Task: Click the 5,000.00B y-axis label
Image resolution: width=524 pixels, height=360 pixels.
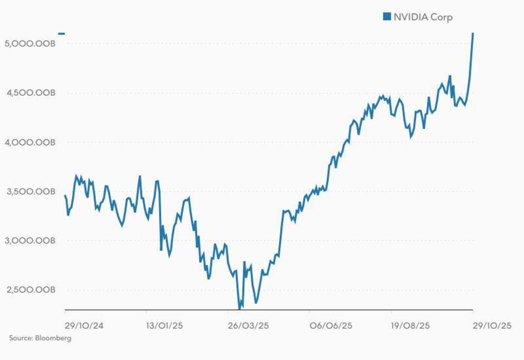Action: point(30,43)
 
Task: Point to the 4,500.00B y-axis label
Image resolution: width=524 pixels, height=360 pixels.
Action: point(30,93)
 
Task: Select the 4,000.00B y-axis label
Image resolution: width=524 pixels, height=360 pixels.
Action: point(30,142)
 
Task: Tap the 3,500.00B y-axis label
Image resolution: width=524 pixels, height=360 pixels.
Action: point(30,191)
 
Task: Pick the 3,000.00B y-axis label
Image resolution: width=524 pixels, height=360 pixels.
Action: point(30,241)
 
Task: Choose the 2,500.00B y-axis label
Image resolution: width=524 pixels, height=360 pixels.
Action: point(30,290)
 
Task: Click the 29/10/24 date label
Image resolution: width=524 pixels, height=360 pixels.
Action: point(84,325)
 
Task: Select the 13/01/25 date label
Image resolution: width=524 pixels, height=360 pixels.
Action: point(165,325)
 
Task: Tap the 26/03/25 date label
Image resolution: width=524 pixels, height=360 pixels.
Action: point(249,325)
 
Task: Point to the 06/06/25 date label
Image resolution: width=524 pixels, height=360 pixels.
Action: point(331,325)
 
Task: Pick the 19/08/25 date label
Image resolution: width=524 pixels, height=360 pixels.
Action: point(410,325)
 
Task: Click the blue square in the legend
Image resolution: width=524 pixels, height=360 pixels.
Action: point(386,17)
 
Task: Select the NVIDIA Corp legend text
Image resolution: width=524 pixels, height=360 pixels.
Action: point(423,17)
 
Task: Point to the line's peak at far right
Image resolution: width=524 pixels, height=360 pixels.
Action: point(473,33)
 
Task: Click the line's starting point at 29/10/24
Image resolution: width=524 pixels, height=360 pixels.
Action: point(65,195)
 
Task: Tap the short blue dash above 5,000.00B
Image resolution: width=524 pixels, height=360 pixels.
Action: point(62,33)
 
